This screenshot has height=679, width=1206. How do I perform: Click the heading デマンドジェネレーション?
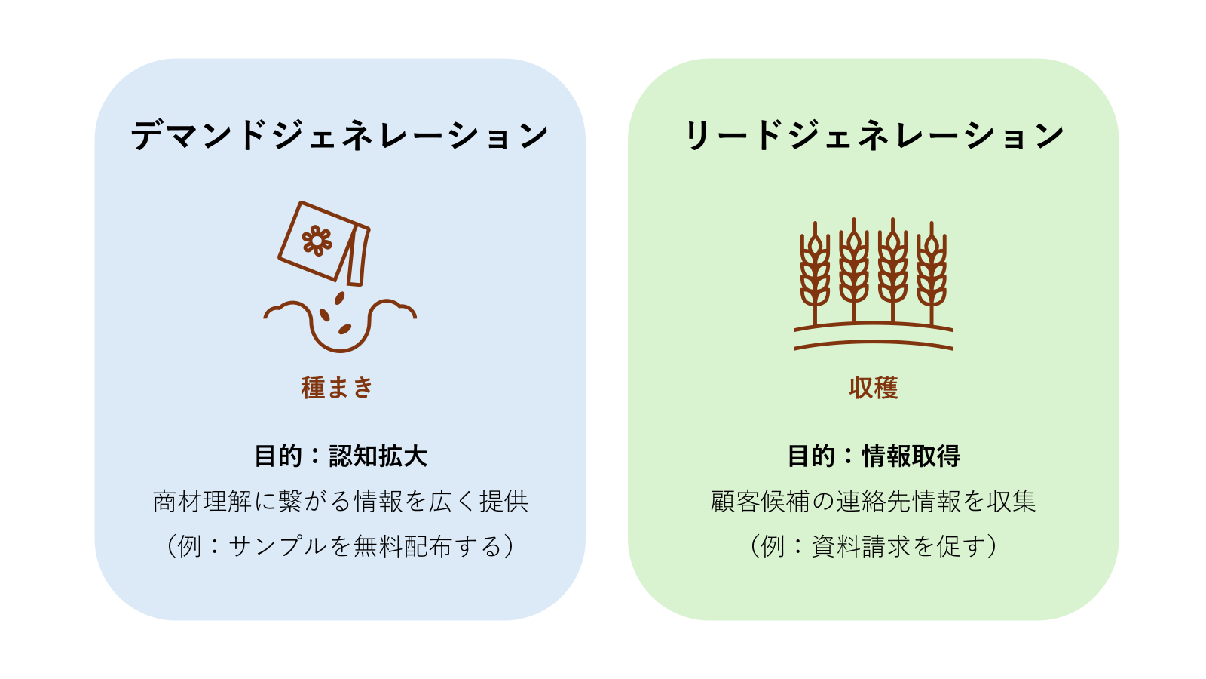pos(340,135)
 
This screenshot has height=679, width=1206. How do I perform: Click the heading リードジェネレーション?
pos(874,135)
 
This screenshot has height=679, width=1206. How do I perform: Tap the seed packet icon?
pos(324,243)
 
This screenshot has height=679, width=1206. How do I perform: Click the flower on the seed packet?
pos(317,241)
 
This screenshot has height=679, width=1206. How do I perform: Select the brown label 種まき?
pos(336,388)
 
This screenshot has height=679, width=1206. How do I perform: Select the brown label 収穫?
pos(874,388)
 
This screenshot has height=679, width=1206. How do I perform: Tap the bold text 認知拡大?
pos(378,456)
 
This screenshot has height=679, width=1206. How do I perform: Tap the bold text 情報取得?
pos(911,456)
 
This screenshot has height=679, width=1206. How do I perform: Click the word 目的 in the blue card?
pos(278,456)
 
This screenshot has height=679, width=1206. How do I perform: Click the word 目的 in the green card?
pos(811,456)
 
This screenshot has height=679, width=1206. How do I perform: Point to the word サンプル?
pos(278,546)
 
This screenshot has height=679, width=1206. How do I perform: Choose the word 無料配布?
pos(403,546)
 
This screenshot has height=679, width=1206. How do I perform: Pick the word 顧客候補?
pos(760,501)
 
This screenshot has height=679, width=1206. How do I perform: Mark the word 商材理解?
pos(203,501)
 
